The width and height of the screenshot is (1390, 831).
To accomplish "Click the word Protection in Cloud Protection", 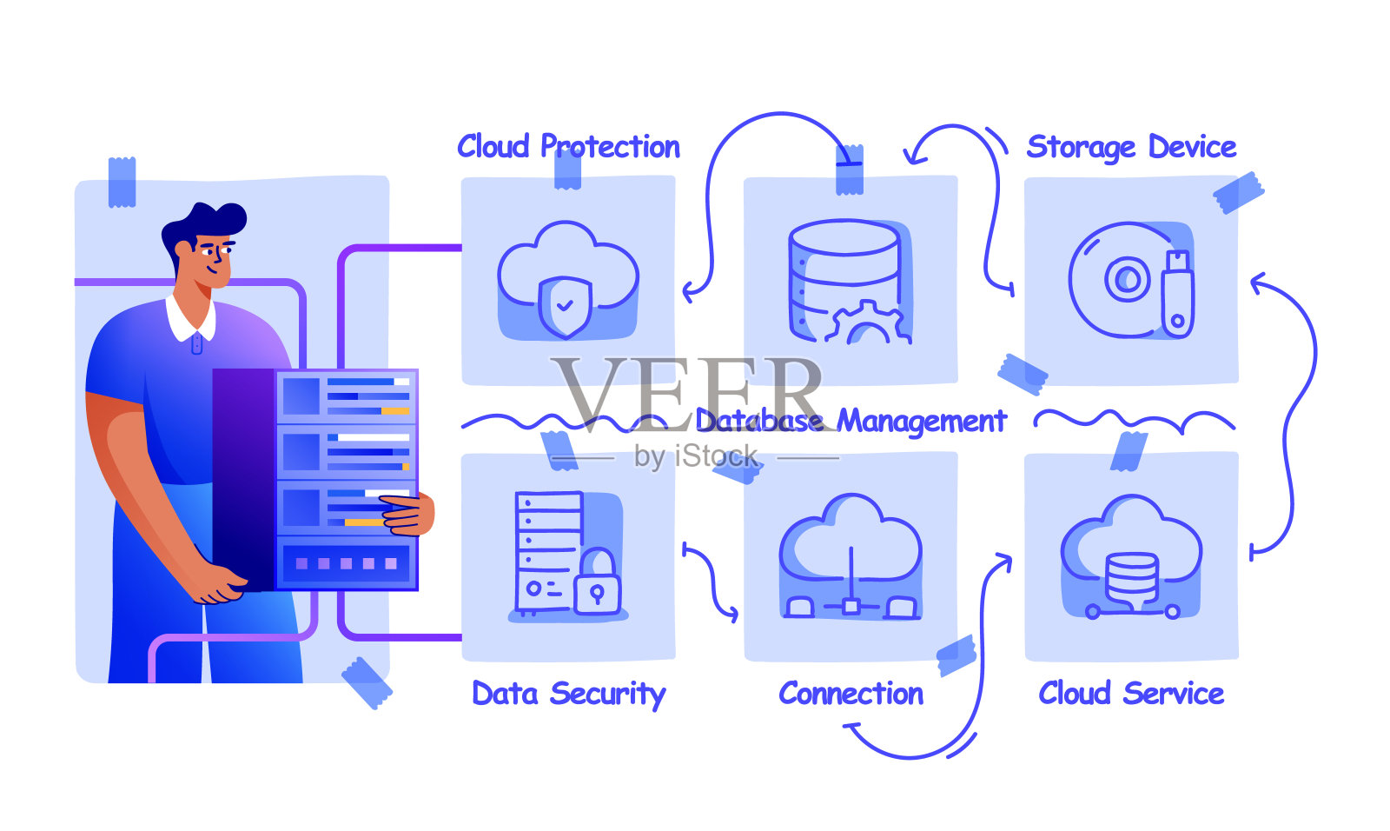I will tap(610, 147).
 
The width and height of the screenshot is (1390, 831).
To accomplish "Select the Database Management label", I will tap(851, 421).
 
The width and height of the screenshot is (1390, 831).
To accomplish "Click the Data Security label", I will tap(568, 694).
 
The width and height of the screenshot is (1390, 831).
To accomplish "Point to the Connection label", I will tap(851, 694).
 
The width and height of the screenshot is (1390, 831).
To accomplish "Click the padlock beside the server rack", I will tap(597, 584).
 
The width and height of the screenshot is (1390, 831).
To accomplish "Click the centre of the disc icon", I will tap(1127, 280).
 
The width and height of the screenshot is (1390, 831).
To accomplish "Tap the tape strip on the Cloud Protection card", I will tap(567, 169).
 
